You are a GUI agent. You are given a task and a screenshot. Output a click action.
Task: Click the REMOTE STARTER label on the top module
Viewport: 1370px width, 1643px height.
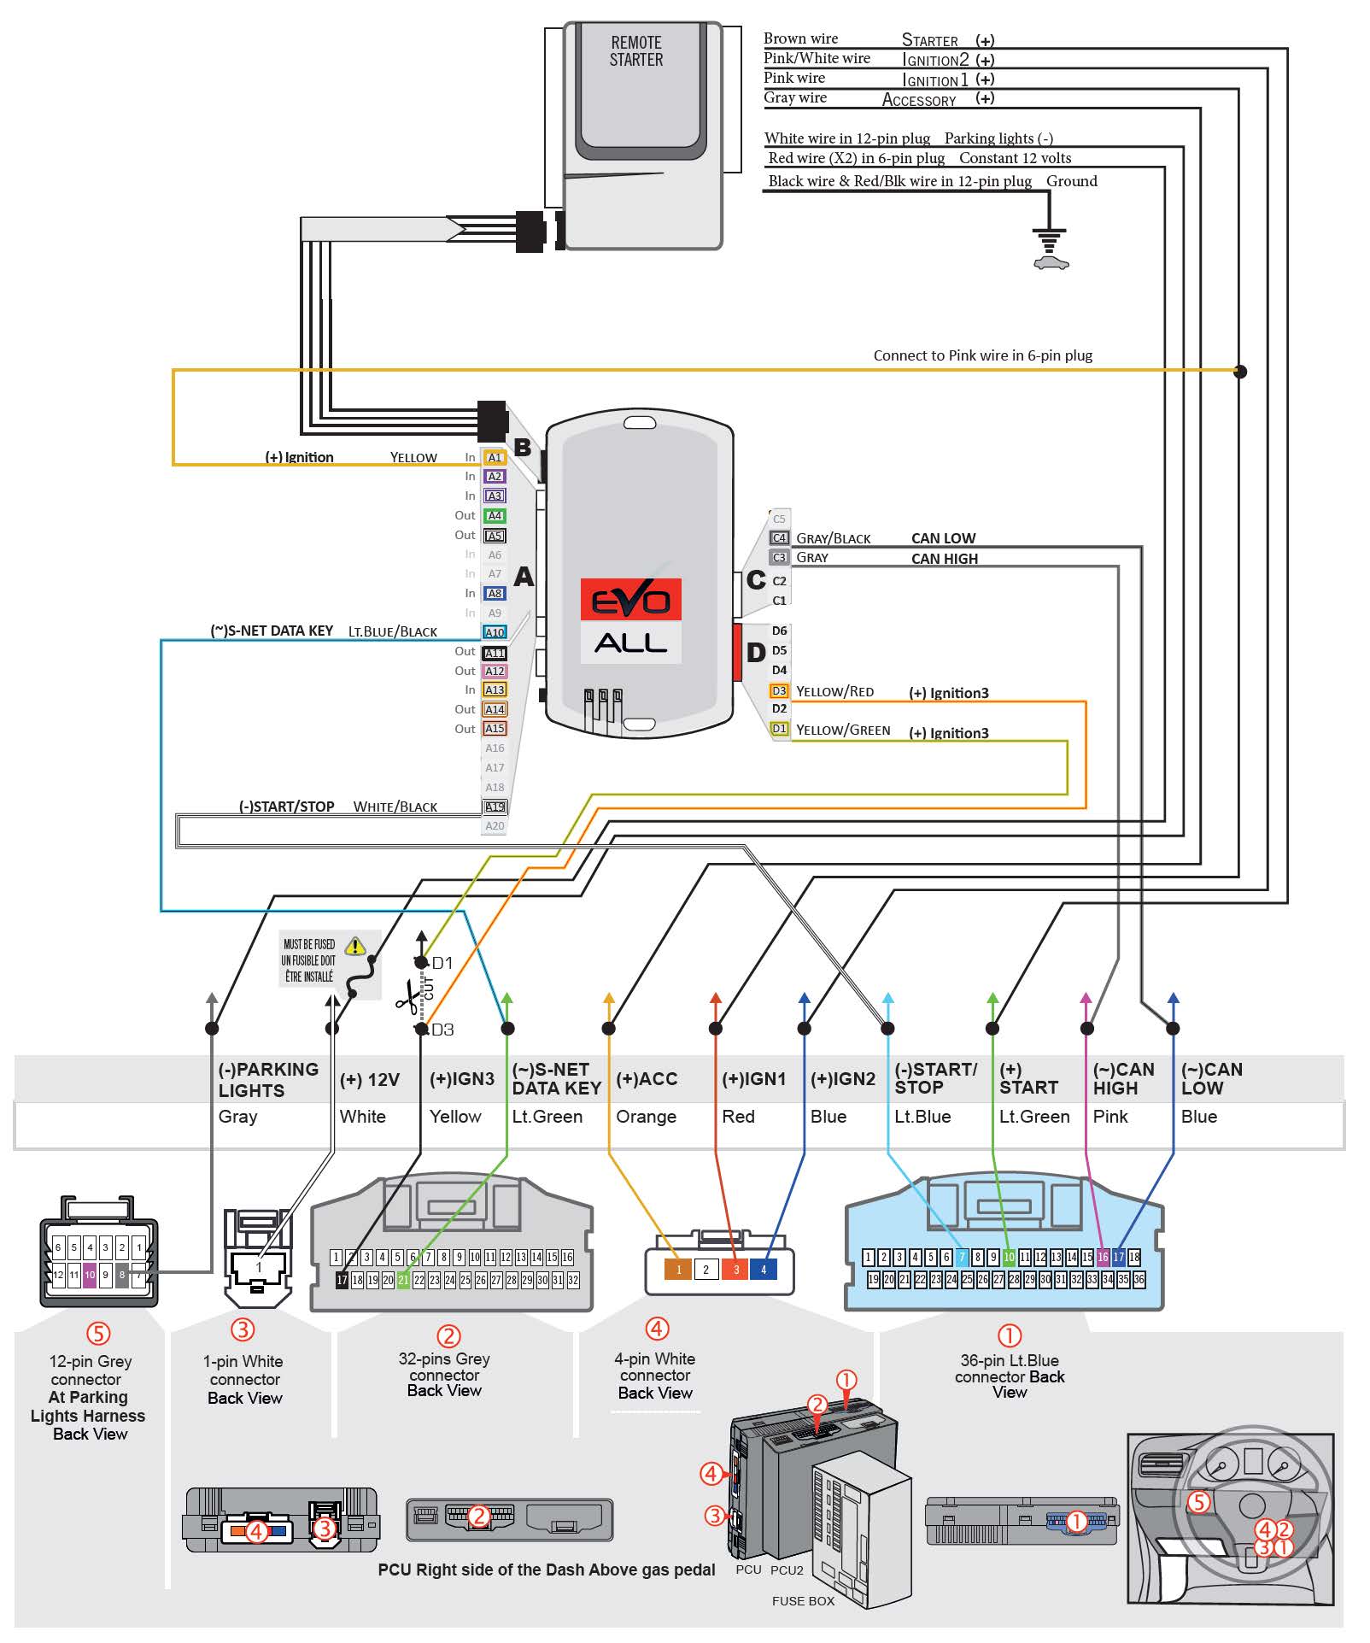pyautogui.click(x=635, y=51)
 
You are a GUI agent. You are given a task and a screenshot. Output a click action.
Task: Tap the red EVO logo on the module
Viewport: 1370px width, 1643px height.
pyautogui.click(x=630, y=599)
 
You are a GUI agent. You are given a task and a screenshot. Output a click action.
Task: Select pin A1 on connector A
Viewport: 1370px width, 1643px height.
pyautogui.click(x=495, y=457)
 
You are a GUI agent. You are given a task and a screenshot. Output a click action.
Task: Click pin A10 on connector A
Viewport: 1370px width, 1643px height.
pyautogui.click(x=495, y=632)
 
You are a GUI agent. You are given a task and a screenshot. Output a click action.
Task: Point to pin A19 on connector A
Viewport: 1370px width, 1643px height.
pyautogui.click(x=495, y=807)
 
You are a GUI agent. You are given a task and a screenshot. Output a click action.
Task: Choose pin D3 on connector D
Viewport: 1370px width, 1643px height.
pyautogui.click(x=778, y=690)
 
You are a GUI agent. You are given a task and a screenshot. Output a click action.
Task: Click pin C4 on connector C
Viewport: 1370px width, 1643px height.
pyautogui.click(x=778, y=537)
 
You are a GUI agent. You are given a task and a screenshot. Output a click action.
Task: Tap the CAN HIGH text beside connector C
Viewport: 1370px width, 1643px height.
pyautogui.click(x=944, y=559)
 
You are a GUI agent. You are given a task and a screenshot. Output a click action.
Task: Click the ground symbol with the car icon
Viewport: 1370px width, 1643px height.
pyautogui.click(x=1050, y=248)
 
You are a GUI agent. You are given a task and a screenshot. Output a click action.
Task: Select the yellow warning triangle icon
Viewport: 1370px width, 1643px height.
pyautogui.click(x=355, y=946)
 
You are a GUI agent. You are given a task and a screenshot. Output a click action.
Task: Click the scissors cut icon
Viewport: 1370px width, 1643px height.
pyautogui.click(x=408, y=995)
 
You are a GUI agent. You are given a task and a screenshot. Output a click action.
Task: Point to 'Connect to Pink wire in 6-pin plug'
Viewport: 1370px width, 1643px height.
pyautogui.click(x=982, y=355)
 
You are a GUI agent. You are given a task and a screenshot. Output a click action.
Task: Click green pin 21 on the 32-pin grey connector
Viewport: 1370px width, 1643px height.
pyautogui.click(x=403, y=1280)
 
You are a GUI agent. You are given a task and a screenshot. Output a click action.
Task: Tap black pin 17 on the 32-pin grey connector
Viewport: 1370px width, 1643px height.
pyautogui.click(x=342, y=1280)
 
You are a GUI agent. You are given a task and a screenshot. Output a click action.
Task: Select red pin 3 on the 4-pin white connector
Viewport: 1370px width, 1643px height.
pyautogui.click(x=735, y=1270)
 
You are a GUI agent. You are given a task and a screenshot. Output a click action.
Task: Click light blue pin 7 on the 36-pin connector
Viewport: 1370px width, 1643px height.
pyautogui.click(x=962, y=1257)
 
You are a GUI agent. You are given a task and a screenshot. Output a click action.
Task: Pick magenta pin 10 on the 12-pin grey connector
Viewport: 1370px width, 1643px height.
pyautogui.click(x=90, y=1275)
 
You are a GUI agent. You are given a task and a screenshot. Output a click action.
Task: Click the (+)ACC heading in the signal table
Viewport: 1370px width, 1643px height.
pyautogui.click(x=647, y=1079)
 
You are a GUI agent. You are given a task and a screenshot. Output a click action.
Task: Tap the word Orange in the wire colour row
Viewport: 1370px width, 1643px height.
pyautogui.click(x=646, y=1117)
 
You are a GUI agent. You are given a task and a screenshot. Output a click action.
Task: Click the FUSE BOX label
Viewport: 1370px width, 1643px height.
pyautogui.click(x=803, y=1601)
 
